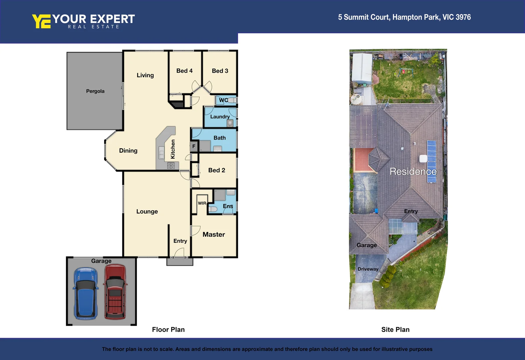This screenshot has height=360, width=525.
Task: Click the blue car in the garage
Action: click(x=86, y=293)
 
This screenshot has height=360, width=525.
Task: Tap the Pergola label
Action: click(x=95, y=91)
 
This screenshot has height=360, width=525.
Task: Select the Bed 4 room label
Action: click(x=184, y=71)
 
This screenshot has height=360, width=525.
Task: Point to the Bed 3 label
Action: click(x=220, y=71)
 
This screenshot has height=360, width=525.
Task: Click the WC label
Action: click(x=223, y=100)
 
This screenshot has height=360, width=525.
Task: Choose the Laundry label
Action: click(x=219, y=117)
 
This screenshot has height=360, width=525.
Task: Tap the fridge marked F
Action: click(x=194, y=146)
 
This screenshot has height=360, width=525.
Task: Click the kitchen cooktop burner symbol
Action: click(x=171, y=165)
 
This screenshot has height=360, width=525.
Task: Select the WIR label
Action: click(x=202, y=203)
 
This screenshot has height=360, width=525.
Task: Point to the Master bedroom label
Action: click(x=213, y=234)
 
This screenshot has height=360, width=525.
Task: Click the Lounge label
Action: click(x=147, y=211)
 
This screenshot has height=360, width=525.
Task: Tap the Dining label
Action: click(x=128, y=151)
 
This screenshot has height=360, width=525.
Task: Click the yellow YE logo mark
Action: click(x=41, y=21)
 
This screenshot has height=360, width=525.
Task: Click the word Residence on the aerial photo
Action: click(x=413, y=171)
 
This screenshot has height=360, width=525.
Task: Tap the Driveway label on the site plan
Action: click(x=368, y=269)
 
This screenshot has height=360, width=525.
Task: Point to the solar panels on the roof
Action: click(x=432, y=162)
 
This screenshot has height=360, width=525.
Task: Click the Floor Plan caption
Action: click(x=168, y=330)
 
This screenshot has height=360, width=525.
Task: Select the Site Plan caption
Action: click(x=395, y=330)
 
